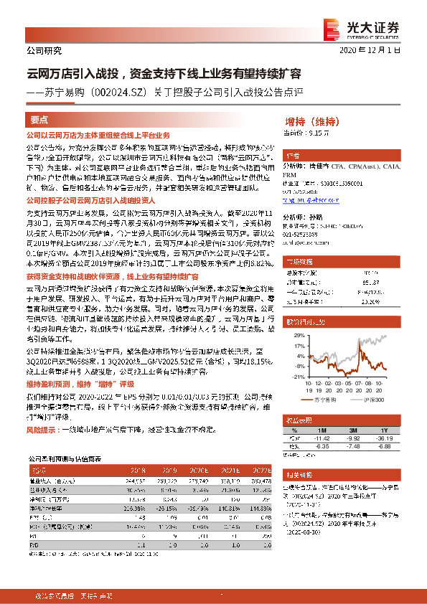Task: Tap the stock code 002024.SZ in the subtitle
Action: (x=113, y=92)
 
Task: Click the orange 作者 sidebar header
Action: (x=294, y=156)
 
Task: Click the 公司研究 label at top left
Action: (x=44, y=50)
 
